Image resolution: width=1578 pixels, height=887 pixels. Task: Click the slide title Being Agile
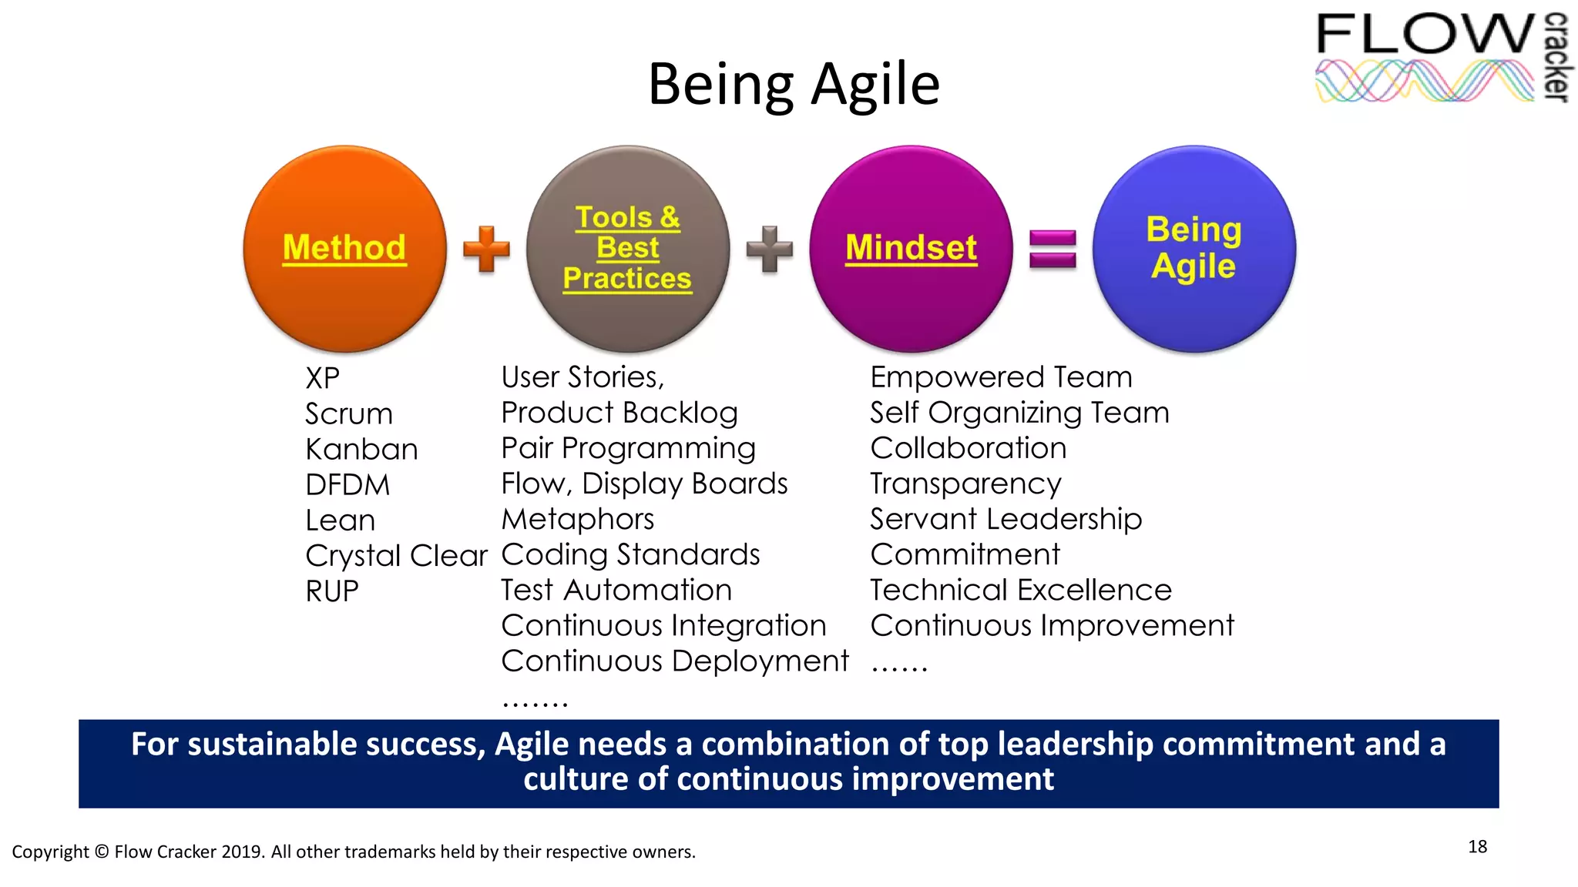tap(794, 85)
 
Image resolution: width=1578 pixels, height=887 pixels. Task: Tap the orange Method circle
tap(344, 249)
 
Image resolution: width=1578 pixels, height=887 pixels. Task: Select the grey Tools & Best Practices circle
tap(627, 249)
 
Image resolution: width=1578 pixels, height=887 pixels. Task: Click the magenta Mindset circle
tap(911, 249)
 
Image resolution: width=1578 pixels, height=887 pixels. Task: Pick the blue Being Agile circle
tap(1194, 249)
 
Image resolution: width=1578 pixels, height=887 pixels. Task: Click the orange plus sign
tap(486, 249)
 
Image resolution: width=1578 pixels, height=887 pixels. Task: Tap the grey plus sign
tap(769, 249)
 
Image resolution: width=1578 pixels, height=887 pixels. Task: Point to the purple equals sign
tap(1053, 249)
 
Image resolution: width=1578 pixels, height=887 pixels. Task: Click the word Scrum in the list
tap(349, 414)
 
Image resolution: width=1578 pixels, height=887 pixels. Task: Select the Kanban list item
tap(361, 450)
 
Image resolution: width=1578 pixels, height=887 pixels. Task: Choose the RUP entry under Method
tap(332, 591)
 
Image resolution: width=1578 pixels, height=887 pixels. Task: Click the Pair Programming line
tap(628, 448)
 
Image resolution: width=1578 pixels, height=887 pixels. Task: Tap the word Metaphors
tap(577, 519)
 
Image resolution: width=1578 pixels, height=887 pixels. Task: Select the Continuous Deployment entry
tap(674, 661)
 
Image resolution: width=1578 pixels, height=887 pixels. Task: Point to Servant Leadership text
tap(1006, 519)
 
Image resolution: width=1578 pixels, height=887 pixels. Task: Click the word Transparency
tap(965, 484)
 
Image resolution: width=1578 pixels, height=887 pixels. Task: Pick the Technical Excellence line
tap(1020, 590)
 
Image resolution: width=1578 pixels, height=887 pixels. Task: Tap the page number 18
tap(1477, 847)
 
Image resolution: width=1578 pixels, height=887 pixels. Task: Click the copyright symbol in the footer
tap(102, 852)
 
